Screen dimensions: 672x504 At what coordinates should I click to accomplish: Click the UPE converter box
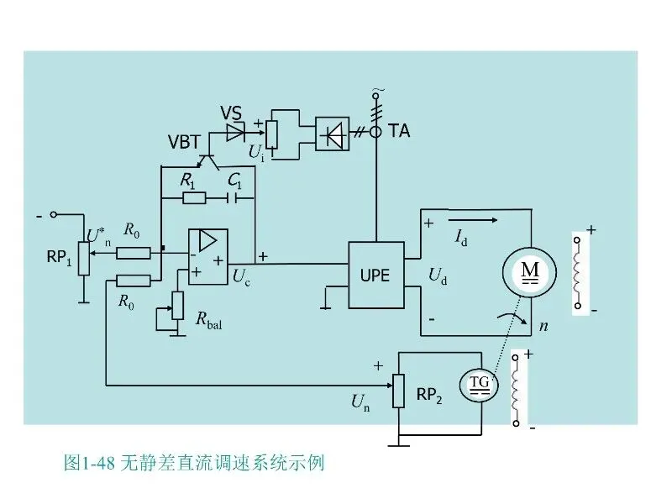point(375,275)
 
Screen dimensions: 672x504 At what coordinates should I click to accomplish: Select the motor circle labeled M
point(530,272)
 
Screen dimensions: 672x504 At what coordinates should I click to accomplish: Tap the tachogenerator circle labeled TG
point(479,384)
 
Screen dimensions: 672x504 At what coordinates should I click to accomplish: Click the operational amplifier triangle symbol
point(207,240)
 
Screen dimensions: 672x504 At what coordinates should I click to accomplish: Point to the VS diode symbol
point(235,133)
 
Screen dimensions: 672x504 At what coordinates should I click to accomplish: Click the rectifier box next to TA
point(332,134)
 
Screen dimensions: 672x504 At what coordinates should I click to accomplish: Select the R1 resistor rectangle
point(194,198)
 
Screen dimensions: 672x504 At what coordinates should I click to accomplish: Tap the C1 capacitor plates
point(232,198)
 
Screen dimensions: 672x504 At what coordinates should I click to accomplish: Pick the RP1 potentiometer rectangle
point(83,259)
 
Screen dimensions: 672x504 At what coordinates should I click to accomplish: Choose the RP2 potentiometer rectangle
point(398,391)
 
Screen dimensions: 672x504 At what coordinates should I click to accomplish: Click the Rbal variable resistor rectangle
point(177,305)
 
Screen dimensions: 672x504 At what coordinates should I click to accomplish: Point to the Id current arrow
point(473,220)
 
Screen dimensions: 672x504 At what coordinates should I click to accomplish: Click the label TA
point(399,131)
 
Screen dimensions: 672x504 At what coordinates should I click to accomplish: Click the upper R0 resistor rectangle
point(134,254)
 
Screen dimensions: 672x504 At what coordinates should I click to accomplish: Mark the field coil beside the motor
point(578,272)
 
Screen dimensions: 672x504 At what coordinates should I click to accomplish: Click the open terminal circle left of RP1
point(53,214)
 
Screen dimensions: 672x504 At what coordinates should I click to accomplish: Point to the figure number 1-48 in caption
point(97,464)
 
